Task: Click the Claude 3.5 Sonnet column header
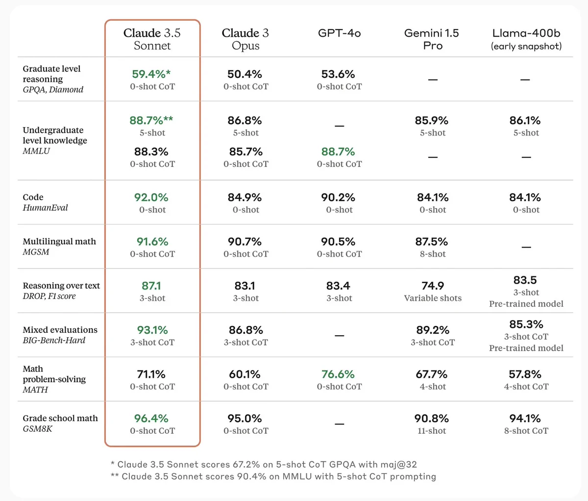click(152, 39)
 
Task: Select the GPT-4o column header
click(339, 33)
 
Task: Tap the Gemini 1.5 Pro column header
click(432, 39)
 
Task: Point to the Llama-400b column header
click(526, 39)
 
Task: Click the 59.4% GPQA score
click(151, 74)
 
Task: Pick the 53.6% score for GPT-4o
click(338, 74)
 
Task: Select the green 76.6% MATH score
click(338, 374)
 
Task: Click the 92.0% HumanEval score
click(151, 197)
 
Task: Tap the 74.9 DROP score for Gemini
click(433, 286)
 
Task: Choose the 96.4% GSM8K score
click(151, 419)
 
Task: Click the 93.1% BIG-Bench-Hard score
click(152, 330)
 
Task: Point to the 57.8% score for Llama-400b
click(525, 374)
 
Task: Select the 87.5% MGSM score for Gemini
click(432, 242)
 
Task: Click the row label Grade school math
click(60, 418)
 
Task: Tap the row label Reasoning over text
click(61, 286)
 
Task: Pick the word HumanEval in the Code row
click(45, 208)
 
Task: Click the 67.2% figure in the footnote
click(246, 464)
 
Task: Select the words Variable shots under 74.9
click(433, 298)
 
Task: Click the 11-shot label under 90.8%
click(432, 431)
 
